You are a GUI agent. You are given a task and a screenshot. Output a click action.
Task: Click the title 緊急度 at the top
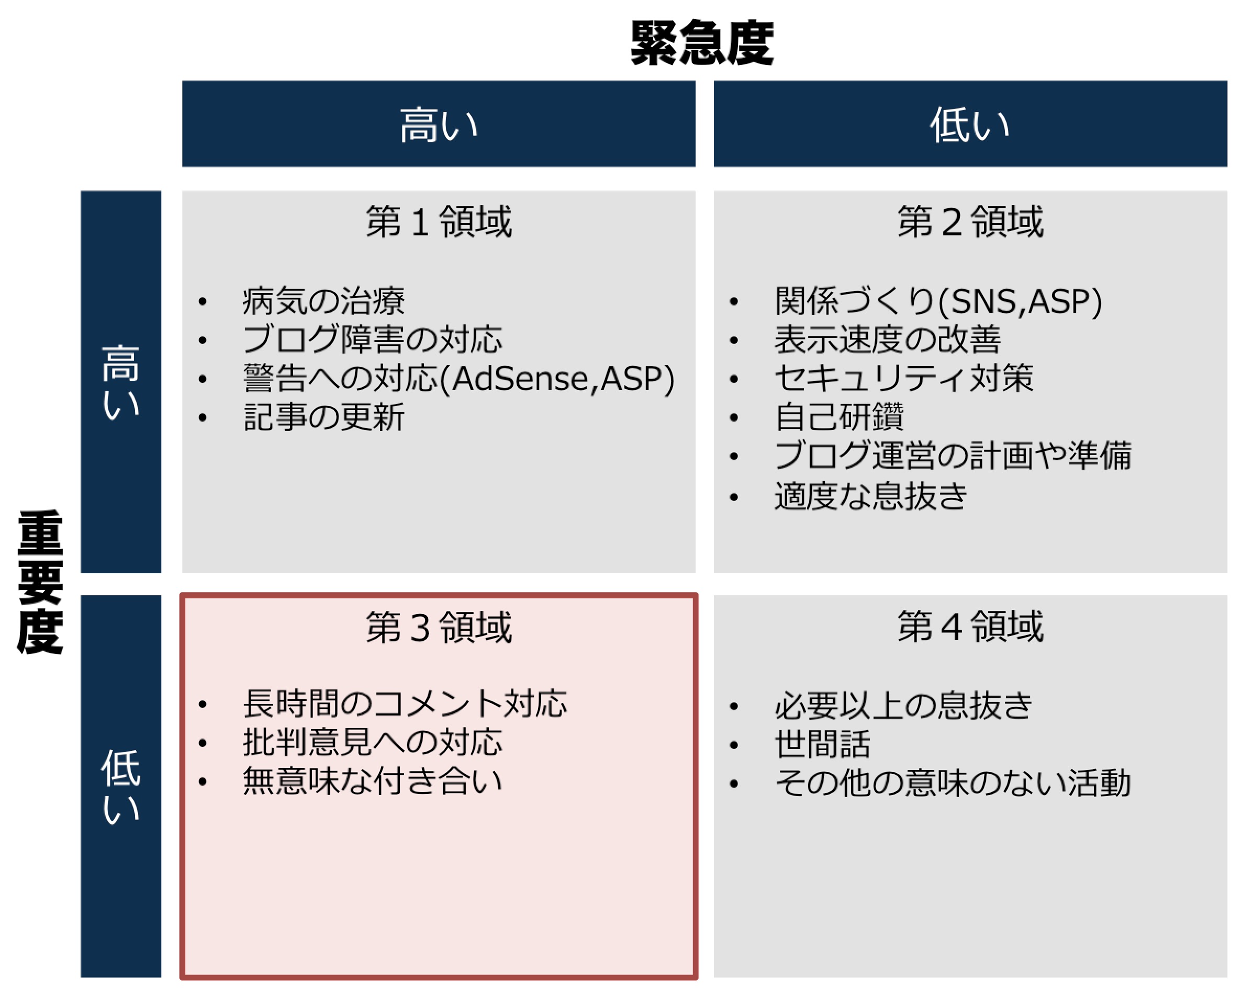702,42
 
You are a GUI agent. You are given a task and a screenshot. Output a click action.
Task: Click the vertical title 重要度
40,582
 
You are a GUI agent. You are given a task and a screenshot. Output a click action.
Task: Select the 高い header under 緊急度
439,125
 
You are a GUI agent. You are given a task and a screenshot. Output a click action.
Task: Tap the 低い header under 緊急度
970,125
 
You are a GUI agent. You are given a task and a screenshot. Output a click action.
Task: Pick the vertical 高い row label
121,382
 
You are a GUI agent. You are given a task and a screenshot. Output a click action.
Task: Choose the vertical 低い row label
121,787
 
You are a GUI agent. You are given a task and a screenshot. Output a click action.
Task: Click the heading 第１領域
439,221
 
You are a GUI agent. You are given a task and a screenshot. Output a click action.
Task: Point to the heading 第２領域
970,221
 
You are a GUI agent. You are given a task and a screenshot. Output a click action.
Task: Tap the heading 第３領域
439,627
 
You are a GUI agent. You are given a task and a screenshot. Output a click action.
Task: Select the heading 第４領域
970,627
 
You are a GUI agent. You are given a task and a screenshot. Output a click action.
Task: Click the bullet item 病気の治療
323,301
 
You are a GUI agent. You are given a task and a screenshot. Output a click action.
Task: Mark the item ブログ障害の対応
373,339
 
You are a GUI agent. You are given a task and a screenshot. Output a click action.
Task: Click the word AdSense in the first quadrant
520,379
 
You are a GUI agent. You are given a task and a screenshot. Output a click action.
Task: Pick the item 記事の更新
323,417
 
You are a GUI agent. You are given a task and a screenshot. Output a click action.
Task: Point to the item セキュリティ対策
904,378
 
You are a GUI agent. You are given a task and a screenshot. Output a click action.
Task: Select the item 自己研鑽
838,416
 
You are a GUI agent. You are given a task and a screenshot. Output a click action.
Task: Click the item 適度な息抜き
870,496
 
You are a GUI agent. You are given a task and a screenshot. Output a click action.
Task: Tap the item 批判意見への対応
373,742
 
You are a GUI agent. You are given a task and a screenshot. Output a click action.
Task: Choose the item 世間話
822,744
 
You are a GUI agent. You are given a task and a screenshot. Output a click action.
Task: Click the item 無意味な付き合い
373,780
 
